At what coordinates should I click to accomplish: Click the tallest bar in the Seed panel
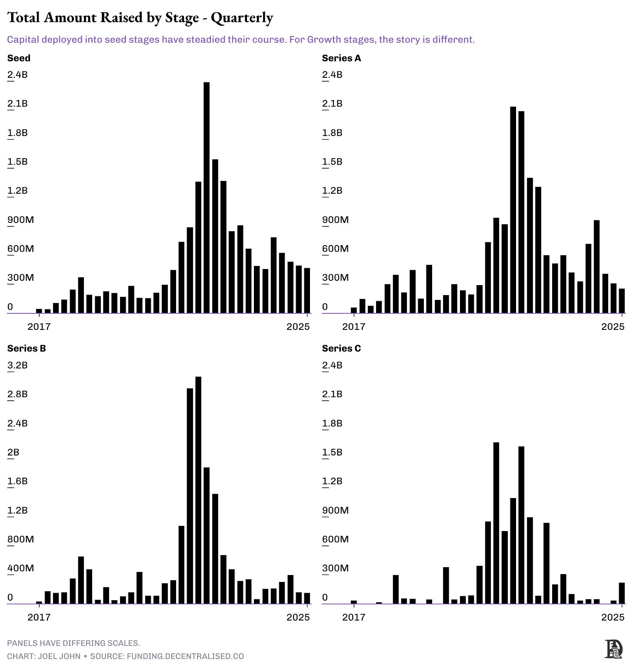(x=207, y=198)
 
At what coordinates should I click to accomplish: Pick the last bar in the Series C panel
(x=622, y=593)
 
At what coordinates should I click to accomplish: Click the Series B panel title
(x=27, y=349)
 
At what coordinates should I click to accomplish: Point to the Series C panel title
(x=341, y=349)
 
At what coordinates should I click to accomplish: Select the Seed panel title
(x=19, y=58)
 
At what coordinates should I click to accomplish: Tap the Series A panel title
(x=341, y=58)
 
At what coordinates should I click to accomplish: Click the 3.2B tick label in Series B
(x=17, y=365)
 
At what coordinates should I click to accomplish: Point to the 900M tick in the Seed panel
(x=20, y=220)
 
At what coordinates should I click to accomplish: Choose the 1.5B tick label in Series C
(x=332, y=452)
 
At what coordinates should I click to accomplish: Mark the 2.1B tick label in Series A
(x=332, y=104)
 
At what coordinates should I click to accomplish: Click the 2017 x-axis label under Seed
(x=39, y=327)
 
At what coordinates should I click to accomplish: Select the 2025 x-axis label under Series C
(x=613, y=617)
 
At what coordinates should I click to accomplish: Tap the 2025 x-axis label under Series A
(x=613, y=327)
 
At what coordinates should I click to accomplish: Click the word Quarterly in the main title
(x=242, y=18)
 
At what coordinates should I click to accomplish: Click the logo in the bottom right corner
(x=613, y=649)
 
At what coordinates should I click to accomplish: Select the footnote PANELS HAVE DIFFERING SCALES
(x=73, y=643)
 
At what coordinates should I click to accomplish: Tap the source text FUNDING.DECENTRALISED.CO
(x=185, y=656)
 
